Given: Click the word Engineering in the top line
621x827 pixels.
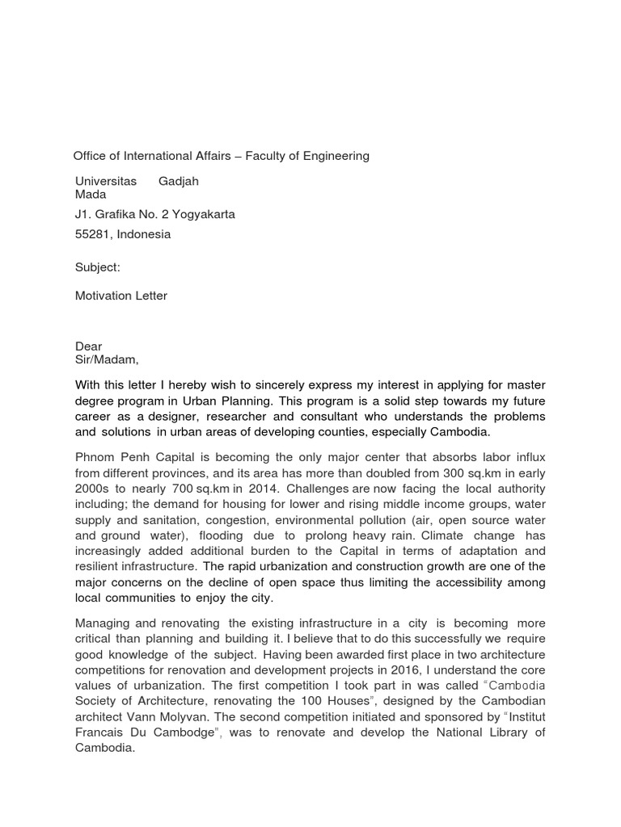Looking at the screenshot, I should [334, 156].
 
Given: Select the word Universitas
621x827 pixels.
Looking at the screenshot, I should [106, 181].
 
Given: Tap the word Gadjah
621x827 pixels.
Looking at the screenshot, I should [179, 181].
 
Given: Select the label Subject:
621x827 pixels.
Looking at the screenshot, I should [98, 267].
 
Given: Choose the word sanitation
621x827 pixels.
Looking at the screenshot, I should [163, 520].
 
